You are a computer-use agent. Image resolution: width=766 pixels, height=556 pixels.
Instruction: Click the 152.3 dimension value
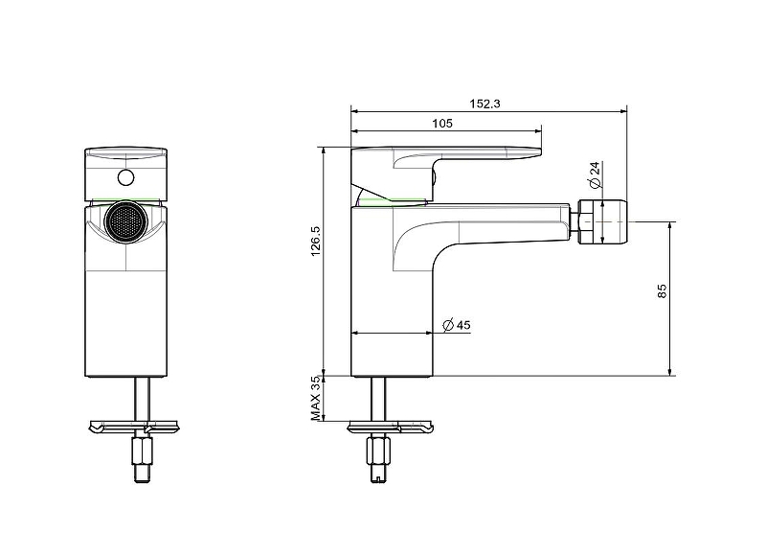485,104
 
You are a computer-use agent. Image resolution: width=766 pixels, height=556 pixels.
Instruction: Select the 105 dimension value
441,123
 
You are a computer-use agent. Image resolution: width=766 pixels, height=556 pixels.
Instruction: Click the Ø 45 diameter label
457,326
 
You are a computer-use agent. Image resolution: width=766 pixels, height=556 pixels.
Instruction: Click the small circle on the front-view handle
124,177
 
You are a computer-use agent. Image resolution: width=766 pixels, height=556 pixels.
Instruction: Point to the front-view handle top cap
124,153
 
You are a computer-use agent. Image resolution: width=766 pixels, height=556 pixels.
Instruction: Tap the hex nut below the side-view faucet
378,450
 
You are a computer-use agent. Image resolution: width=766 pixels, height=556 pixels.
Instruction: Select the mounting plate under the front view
135,425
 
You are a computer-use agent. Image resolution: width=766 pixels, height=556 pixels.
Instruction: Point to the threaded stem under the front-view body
145,395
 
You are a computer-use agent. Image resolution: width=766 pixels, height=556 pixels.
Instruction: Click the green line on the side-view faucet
393,202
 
